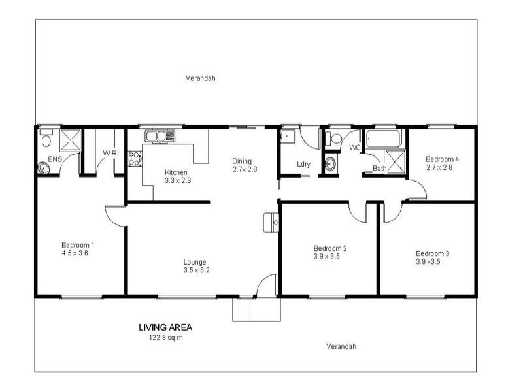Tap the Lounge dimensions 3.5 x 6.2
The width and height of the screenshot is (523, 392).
(196, 270)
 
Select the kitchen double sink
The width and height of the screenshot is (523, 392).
(160, 136)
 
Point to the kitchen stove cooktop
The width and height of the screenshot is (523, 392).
(135, 158)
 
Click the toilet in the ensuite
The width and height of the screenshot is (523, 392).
(46, 140)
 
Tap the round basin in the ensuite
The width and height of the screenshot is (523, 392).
(44, 167)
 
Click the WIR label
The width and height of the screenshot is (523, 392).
(109, 154)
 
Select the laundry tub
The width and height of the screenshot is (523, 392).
(288, 136)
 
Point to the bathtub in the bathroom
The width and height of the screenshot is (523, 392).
(386, 139)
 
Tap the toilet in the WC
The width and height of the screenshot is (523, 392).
(335, 139)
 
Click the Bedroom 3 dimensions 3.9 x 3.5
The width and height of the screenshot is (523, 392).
(432, 261)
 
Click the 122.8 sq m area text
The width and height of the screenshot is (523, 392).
(165, 338)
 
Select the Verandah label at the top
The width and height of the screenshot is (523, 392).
(200, 78)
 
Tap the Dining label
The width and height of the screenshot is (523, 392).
(242, 161)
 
